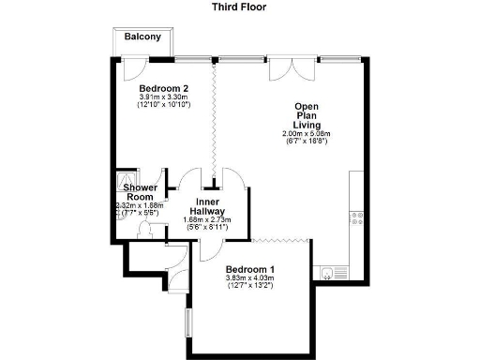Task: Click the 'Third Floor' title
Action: [x=240, y=7]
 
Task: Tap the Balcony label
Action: [x=142, y=37]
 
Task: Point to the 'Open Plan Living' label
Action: [x=307, y=115]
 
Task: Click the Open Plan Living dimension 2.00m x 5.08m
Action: [x=307, y=134]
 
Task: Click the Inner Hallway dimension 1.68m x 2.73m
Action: [x=207, y=220]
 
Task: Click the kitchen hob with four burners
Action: [x=356, y=221]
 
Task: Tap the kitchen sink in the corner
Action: [x=327, y=273]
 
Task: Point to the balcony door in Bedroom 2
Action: [x=134, y=67]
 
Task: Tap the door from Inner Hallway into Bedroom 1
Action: [x=209, y=247]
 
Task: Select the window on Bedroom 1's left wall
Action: [x=187, y=320]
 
